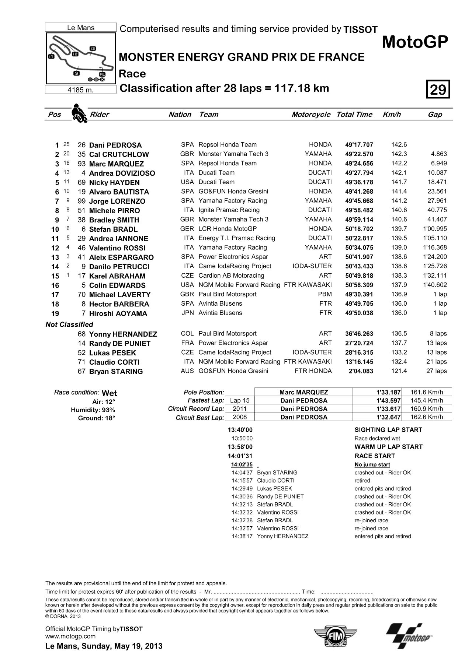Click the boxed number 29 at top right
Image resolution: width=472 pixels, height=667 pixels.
tap(438, 89)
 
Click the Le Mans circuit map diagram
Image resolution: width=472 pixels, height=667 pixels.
tap(81, 58)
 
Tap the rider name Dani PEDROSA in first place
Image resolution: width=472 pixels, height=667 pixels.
tap(115, 145)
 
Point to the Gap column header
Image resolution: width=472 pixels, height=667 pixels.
tap(435, 115)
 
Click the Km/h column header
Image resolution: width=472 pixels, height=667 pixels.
tap(392, 115)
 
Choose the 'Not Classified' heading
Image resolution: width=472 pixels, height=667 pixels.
tap(69, 324)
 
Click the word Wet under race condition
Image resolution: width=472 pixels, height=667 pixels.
tap(109, 393)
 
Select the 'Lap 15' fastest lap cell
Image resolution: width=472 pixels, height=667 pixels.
tap(240, 400)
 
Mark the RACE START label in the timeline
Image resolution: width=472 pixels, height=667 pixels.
tap(375, 456)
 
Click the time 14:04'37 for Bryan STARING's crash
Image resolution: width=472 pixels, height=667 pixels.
tap(242, 473)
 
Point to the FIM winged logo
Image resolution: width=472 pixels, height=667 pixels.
tap(335, 635)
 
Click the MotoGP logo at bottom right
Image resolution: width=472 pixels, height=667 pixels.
tap(409, 635)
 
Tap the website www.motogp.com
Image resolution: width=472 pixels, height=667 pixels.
tap(70, 636)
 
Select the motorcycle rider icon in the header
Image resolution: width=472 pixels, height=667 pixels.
tap(78, 113)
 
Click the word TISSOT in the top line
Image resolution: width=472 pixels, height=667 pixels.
tap(360, 30)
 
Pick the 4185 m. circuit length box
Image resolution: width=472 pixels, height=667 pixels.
tap(81, 90)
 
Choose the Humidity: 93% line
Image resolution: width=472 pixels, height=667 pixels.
tap(93, 410)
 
